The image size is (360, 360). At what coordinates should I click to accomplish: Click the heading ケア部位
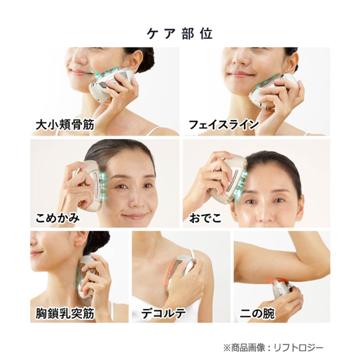pos(180,34)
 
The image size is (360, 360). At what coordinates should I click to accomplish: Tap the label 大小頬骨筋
pos(65,125)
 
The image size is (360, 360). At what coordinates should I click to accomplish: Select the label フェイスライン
pos(224,125)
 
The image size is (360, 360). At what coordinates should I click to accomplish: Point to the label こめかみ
pos(57,217)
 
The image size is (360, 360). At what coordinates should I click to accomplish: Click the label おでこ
pos(205,218)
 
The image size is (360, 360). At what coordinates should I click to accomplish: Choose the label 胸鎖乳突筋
pos(65,313)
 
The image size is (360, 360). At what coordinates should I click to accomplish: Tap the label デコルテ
pos(163,313)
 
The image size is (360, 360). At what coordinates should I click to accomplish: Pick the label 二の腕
pos(257,313)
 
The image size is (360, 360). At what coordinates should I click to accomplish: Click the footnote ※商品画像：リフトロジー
pos(273,348)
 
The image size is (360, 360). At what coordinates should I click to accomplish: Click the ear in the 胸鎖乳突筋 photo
pos(82,239)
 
